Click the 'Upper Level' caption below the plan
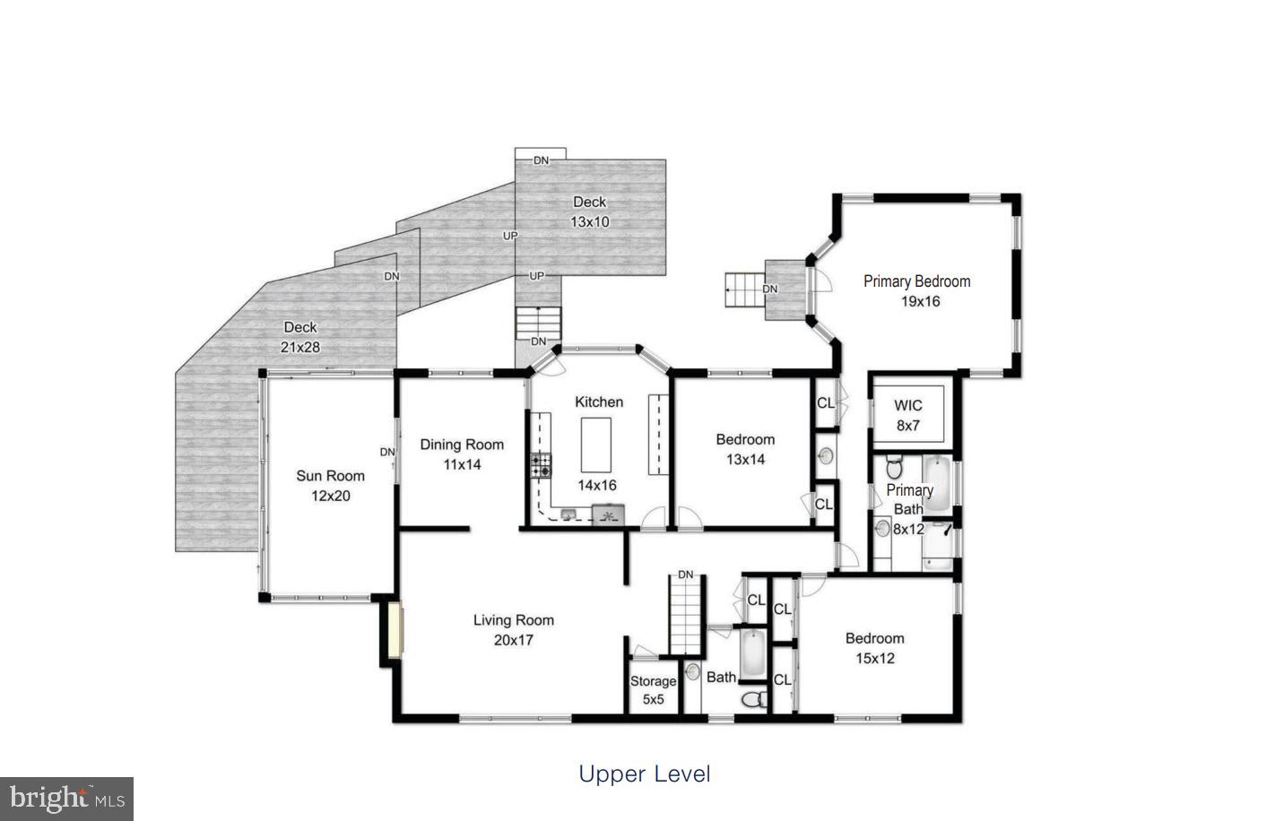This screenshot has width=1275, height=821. point(644,773)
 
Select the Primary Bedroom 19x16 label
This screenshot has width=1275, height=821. point(917,291)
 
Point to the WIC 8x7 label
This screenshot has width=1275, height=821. point(908,415)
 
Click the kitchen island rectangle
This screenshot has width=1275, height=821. point(595,445)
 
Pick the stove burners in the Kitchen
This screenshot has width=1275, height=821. point(541,465)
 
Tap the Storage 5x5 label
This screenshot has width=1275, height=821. point(653,690)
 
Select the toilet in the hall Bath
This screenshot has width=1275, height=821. point(755,698)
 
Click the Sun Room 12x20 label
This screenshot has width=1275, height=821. point(330,486)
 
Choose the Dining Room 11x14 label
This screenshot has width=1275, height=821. point(462,454)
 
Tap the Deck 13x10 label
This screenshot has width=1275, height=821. point(589,212)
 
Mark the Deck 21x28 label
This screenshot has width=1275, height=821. point(300,337)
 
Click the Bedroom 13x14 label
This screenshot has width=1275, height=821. point(745,449)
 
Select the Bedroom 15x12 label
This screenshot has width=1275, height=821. point(874,648)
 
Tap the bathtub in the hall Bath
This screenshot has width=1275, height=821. point(751,655)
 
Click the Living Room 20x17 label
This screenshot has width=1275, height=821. point(514,629)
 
